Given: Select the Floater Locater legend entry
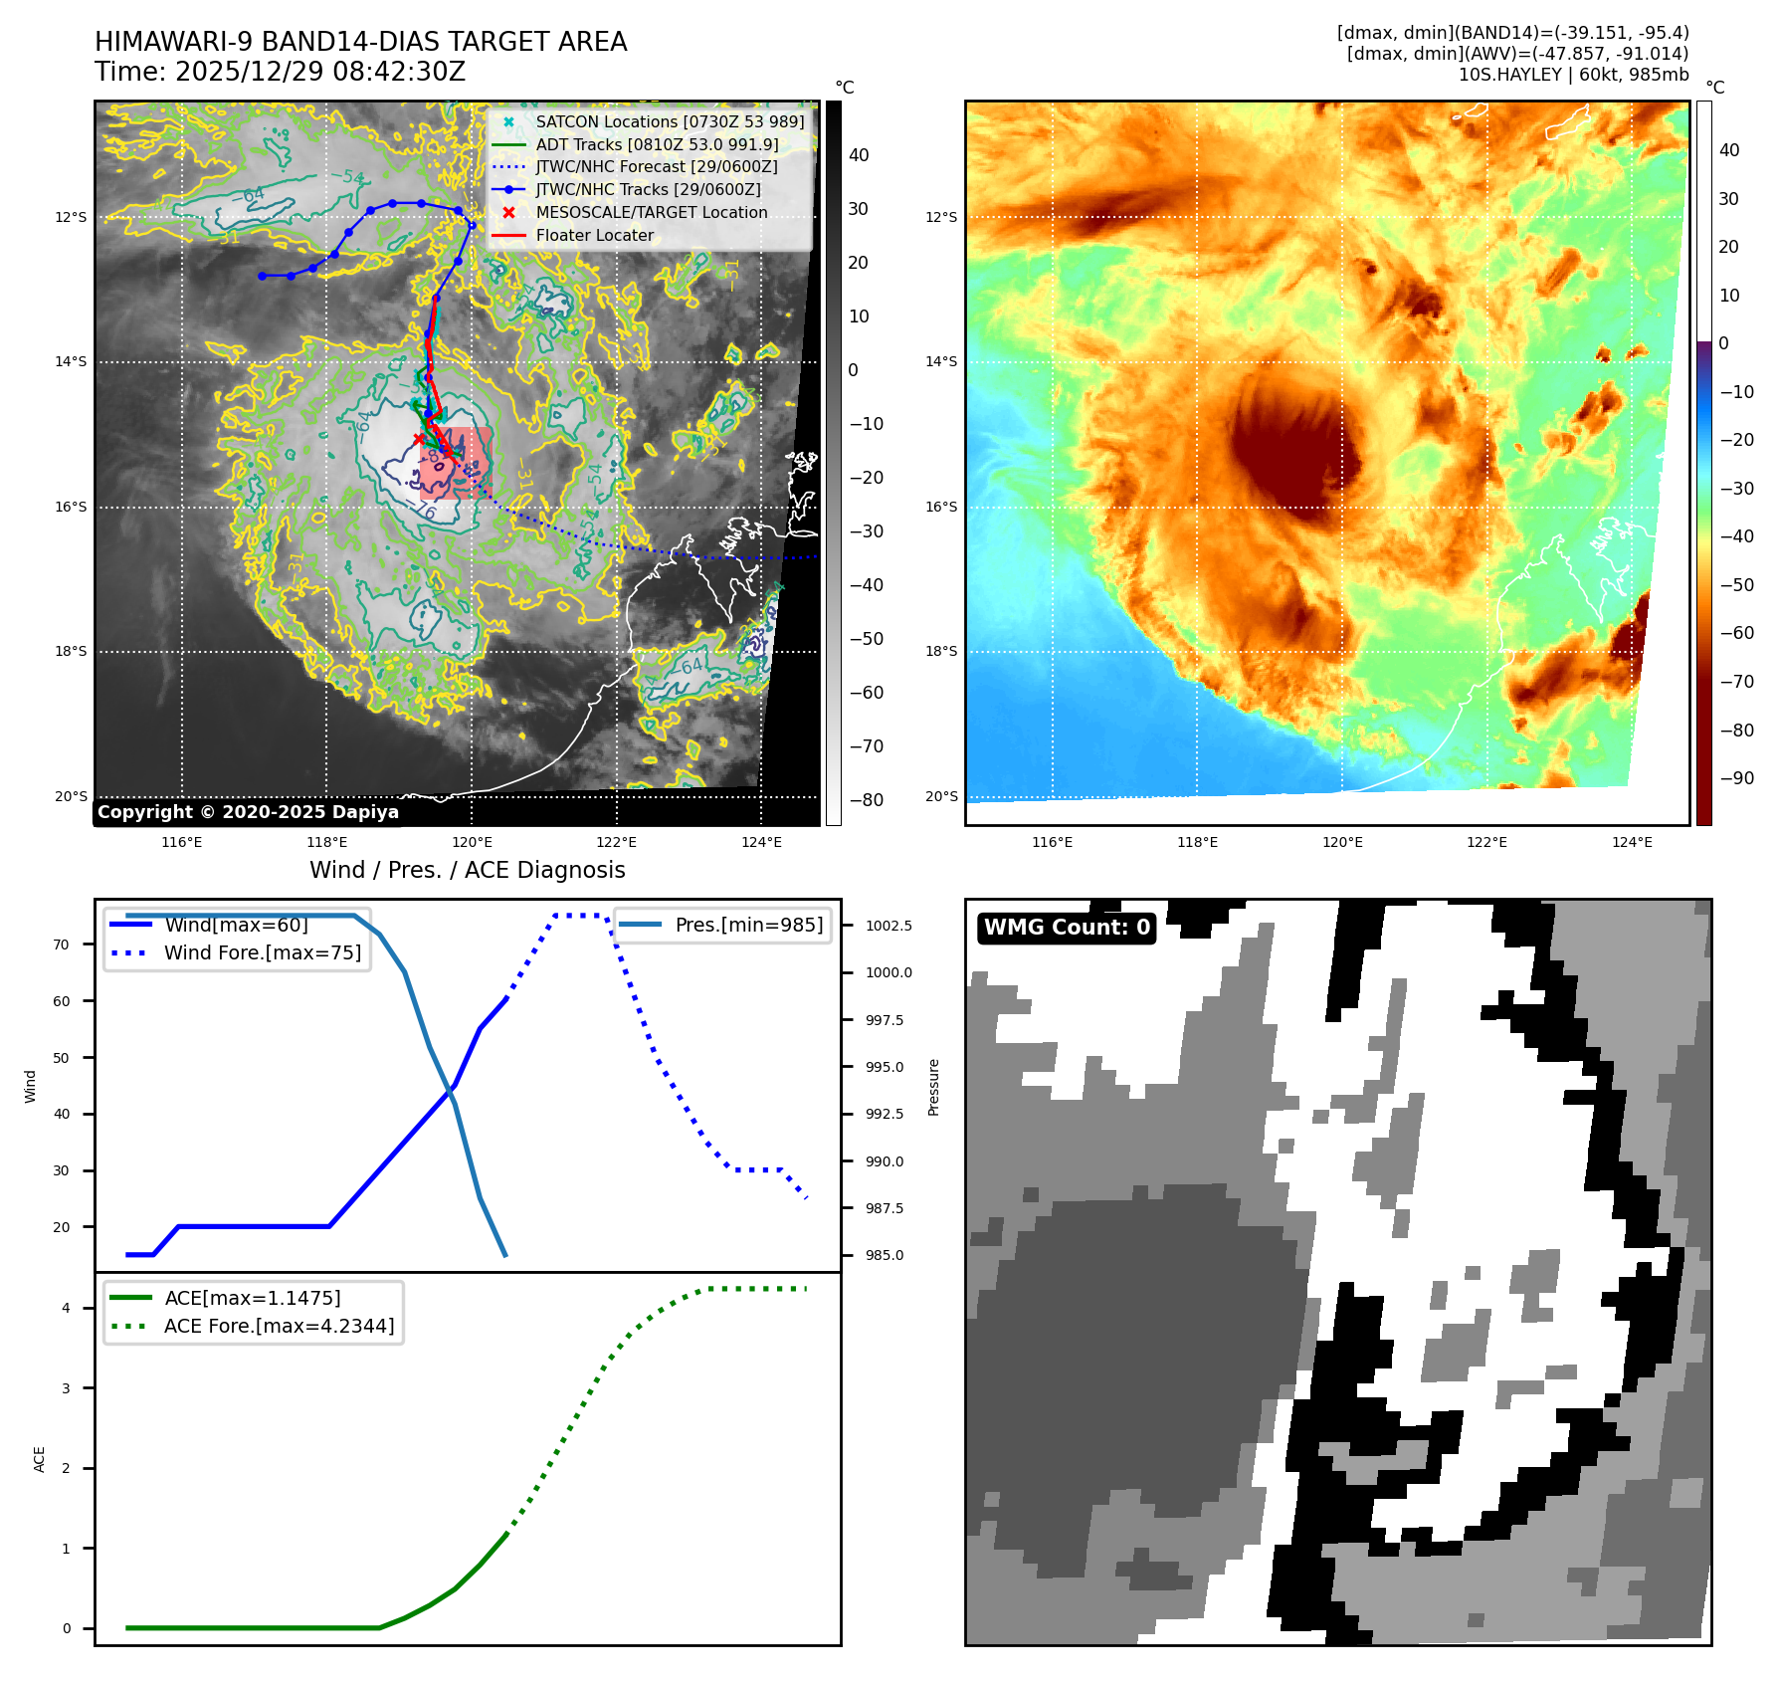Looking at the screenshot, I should point(594,236).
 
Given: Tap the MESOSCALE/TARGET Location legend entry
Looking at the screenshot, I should point(651,213).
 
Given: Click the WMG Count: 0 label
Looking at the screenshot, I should point(1067,928).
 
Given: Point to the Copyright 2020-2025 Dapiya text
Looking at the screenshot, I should point(248,812).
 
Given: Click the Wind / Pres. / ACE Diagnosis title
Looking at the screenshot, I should point(468,871).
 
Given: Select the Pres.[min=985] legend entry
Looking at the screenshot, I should point(748,926).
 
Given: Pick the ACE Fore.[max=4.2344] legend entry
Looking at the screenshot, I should point(279,1326).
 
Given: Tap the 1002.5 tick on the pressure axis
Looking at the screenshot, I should point(889,926).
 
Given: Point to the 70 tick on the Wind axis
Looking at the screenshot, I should point(62,945).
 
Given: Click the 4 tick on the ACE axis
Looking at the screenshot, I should point(67,1308).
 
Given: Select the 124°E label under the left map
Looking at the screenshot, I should point(761,843).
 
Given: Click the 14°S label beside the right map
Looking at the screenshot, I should point(941,362).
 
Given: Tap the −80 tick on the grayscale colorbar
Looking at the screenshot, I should point(866,800).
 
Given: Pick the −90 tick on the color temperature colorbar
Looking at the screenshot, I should point(1736,778).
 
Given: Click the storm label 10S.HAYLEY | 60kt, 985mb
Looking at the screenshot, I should point(1573,75).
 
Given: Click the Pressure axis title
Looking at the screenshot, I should point(933,1087).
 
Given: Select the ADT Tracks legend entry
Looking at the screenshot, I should point(656,144).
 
